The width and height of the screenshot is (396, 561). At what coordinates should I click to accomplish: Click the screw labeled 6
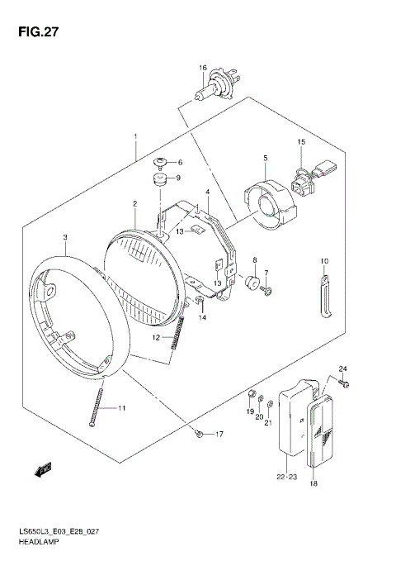(162, 162)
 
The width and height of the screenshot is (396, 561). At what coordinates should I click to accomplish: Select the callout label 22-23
(286, 475)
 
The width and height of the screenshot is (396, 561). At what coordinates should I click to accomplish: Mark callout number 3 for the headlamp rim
(65, 237)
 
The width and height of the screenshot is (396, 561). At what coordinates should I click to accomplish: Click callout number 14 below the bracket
(202, 317)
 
